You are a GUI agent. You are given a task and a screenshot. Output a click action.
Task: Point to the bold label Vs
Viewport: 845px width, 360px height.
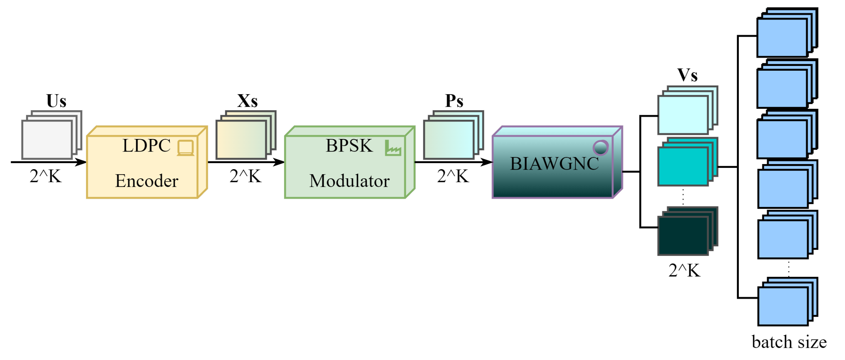687,75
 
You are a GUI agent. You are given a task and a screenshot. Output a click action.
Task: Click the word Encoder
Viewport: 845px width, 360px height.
147,181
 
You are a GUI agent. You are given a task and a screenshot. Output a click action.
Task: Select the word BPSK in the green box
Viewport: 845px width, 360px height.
349,146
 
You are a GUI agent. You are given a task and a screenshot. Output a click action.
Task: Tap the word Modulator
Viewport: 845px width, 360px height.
349,181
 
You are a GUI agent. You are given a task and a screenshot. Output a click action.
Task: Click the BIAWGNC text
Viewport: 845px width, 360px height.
554,164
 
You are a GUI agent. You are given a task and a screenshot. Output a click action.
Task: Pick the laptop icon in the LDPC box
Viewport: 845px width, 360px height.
185,148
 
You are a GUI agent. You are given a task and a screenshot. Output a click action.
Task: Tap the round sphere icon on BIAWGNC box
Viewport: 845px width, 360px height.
600,148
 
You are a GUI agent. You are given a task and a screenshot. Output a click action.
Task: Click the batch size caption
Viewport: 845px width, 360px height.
789,342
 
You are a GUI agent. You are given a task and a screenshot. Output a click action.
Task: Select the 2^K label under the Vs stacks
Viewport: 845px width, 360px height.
684,271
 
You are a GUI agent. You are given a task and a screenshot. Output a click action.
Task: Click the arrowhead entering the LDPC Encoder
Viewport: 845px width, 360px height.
81,162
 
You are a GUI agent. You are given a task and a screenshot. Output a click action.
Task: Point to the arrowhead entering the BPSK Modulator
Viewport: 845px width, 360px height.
279,162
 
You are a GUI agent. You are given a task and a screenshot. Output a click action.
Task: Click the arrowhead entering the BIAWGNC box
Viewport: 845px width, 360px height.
487,162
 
